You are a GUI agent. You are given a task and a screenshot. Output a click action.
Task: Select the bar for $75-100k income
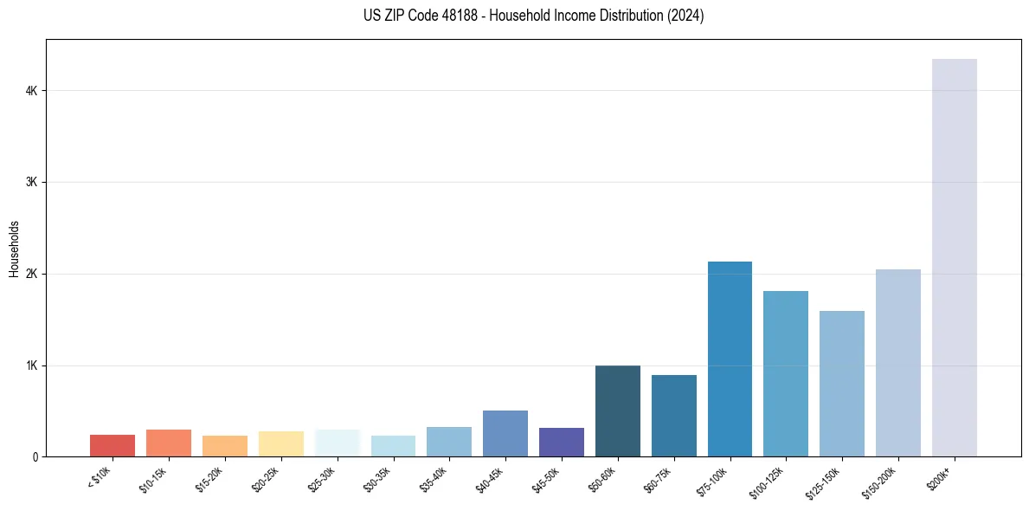point(730,359)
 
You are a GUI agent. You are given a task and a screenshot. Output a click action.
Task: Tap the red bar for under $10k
point(113,445)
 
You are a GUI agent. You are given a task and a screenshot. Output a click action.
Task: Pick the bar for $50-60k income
point(618,411)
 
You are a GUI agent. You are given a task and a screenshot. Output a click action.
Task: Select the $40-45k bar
point(505,433)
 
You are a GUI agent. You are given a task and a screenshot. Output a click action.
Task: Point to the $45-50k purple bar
point(562,442)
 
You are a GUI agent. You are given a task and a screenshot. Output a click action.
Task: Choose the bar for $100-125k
point(786,373)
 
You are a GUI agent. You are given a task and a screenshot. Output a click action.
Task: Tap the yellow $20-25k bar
point(280,443)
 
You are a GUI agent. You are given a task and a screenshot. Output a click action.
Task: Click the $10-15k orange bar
point(169,443)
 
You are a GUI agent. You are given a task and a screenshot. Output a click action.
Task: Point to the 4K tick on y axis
point(31,91)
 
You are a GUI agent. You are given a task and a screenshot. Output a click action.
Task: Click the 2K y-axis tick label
point(31,274)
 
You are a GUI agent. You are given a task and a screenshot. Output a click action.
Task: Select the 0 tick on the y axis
point(35,456)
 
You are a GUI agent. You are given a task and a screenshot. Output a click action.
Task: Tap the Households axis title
point(14,249)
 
